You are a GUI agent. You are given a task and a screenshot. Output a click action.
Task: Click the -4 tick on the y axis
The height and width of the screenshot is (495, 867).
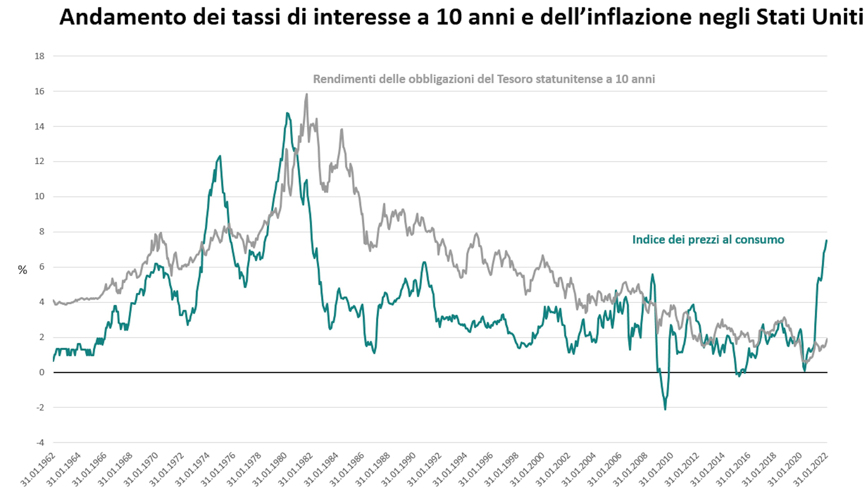[40, 443]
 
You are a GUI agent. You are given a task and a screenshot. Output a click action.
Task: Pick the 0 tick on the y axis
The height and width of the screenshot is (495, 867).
[42, 372]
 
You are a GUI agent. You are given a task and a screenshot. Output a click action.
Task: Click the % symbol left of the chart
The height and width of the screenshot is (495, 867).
[22, 270]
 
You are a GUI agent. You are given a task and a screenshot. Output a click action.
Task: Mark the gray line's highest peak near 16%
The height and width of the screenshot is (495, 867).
[307, 95]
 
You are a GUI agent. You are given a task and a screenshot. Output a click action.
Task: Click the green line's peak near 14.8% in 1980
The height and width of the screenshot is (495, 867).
[287, 113]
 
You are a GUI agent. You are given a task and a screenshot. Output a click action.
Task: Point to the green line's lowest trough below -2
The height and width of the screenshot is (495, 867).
[665, 409]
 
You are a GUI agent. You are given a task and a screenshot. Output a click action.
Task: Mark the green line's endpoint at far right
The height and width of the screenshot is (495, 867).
[827, 240]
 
